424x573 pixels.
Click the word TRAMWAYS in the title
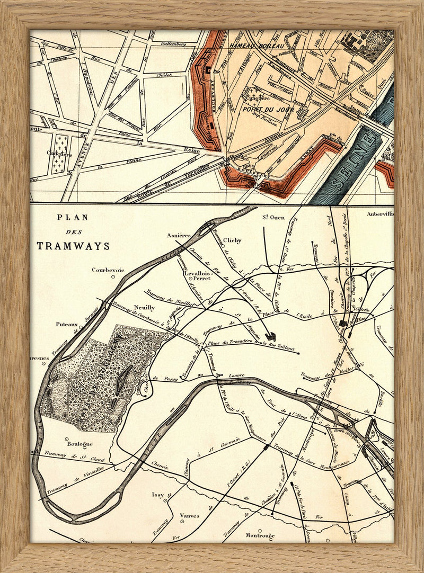73,246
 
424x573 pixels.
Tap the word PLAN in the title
73,217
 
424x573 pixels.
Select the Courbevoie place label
108,270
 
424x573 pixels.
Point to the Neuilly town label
145,307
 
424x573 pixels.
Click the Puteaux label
67,324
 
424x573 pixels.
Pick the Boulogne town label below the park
80,443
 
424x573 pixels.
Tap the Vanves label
189,515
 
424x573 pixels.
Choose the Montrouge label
260,535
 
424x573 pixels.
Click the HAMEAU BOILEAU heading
254,47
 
